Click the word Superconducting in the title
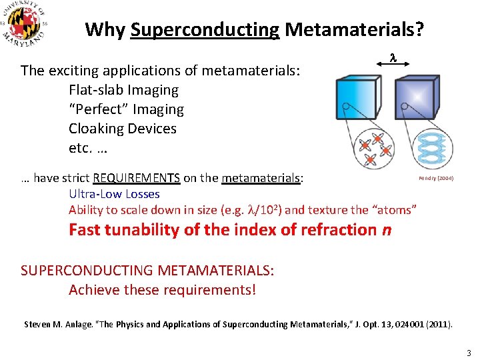point(205,30)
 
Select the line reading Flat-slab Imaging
point(123,90)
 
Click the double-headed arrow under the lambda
point(393,66)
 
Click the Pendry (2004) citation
point(436,178)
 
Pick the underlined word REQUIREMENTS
point(136,178)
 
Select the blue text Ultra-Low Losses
point(114,194)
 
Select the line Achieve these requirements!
point(162,290)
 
